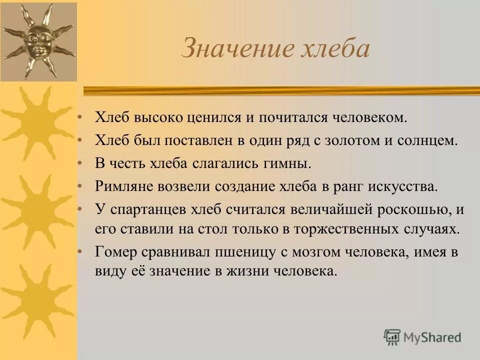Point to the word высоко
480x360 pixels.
[x=160, y=118]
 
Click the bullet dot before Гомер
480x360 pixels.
[x=79, y=252]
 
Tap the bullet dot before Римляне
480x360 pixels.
[x=79, y=186]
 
